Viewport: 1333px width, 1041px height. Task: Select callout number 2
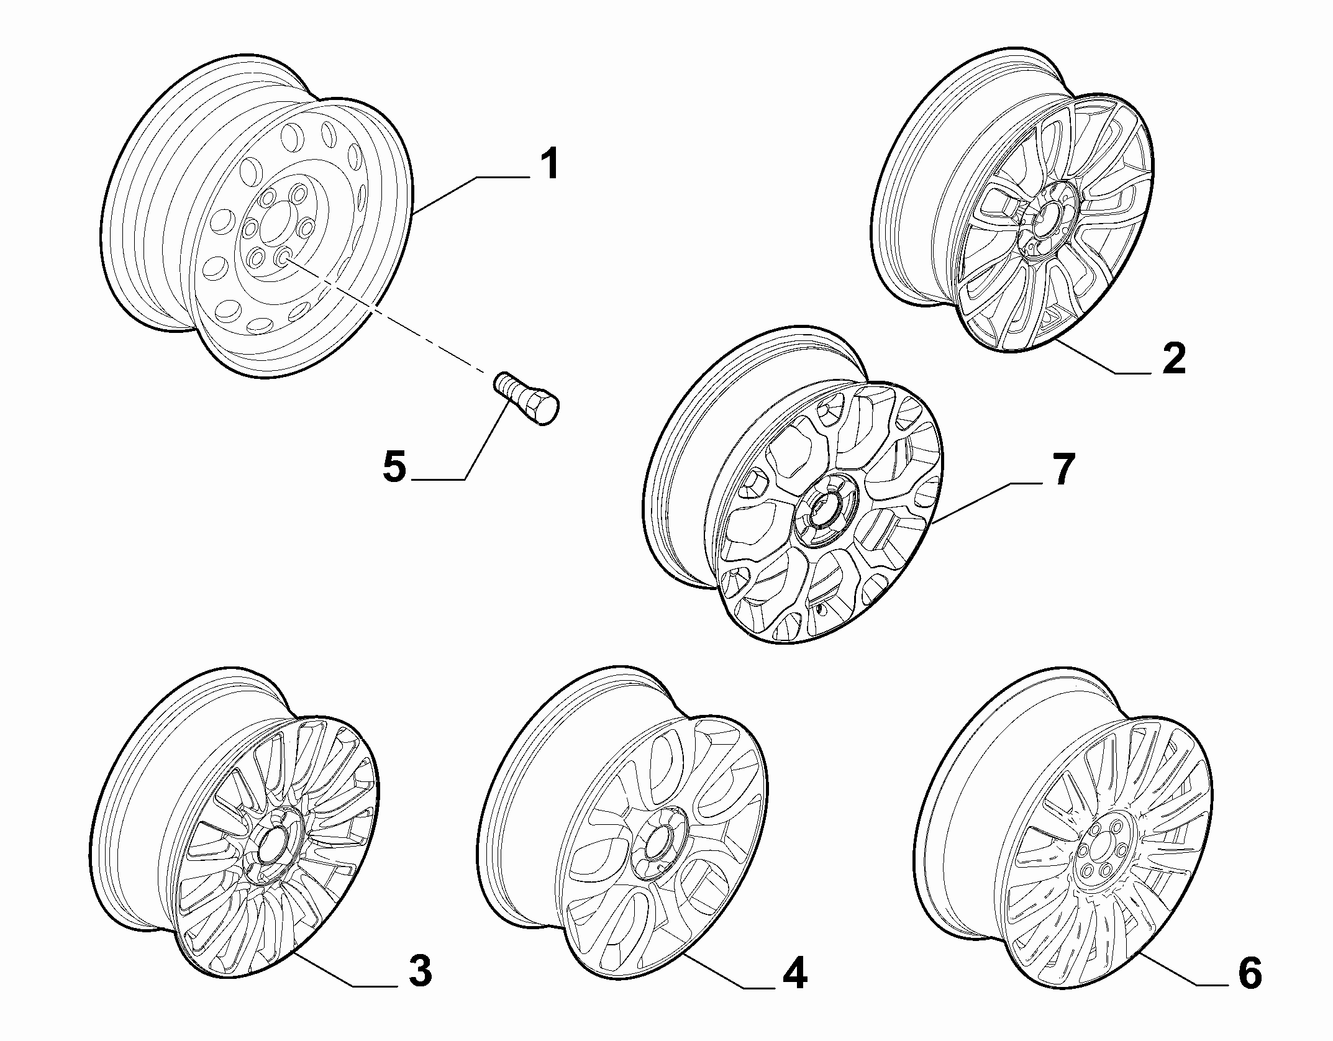(1173, 358)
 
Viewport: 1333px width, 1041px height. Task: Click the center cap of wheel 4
(658, 848)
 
